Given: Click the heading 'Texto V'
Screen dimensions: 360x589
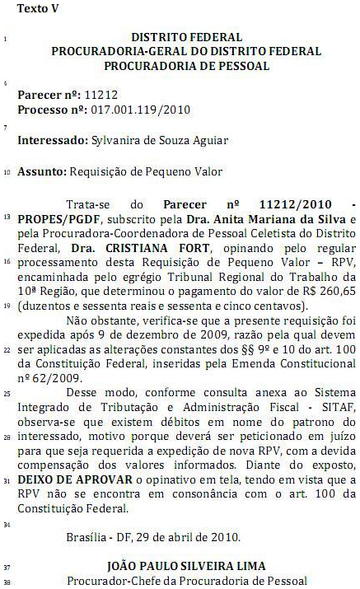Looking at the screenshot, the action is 40,10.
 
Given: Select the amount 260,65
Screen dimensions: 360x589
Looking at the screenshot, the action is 338,291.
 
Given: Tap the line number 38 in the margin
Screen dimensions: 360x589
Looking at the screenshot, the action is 7,582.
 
